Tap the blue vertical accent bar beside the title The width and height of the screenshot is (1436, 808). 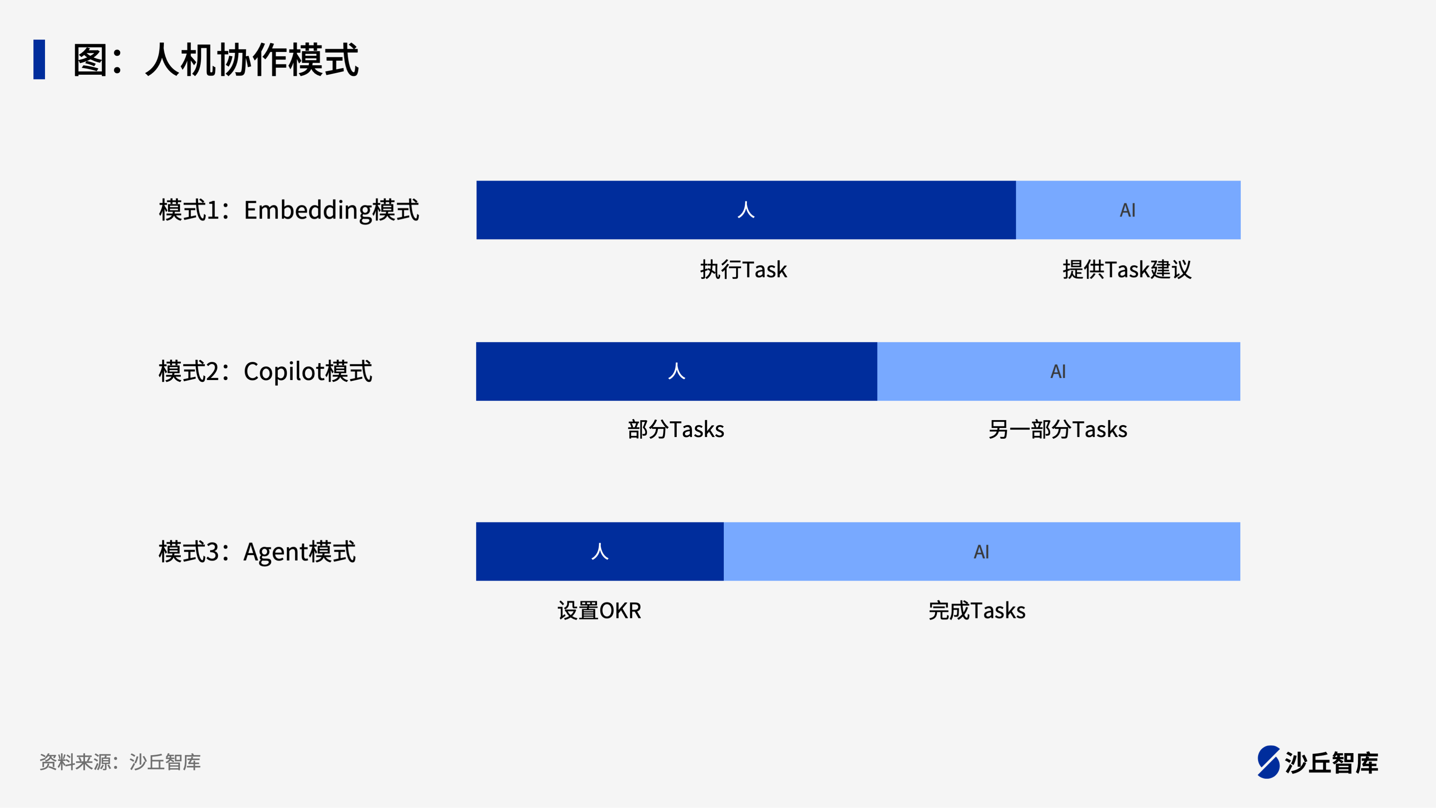pyautogui.click(x=39, y=59)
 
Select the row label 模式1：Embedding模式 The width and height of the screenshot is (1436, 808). pyautogui.click(x=289, y=210)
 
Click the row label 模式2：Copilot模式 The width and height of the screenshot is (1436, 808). pyautogui.click(x=265, y=371)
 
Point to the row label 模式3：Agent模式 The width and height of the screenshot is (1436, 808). pyautogui.click(x=257, y=552)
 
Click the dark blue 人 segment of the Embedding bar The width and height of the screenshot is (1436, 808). pyautogui.click(x=746, y=210)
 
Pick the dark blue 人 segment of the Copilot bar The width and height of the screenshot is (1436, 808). pyautogui.click(x=677, y=371)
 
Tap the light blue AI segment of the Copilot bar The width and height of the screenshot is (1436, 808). pyautogui.click(x=1059, y=371)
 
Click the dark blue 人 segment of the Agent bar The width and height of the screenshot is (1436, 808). pyautogui.click(x=600, y=551)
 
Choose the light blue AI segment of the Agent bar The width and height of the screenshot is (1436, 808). pyautogui.click(x=982, y=551)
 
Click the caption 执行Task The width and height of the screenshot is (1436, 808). pyautogui.click(x=744, y=270)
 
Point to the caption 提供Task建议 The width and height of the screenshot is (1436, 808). pyautogui.click(x=1127, y=270)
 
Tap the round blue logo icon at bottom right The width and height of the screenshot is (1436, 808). pyautogui.click(x=1269, y=762)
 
